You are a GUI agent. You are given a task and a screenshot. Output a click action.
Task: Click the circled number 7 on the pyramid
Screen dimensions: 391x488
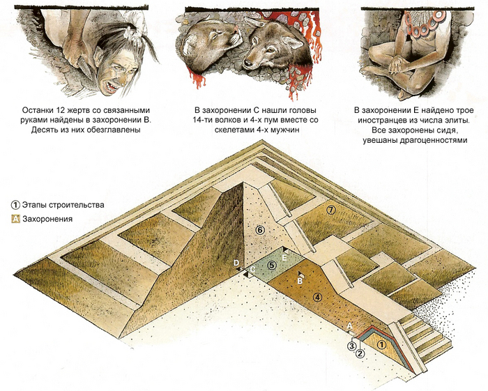(x=331, y=209)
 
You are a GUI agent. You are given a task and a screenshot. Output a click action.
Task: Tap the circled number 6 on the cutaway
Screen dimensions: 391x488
(x=259, y=230)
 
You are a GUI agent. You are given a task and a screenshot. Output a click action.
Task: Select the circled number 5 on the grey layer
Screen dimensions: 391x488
(x=272, y=266)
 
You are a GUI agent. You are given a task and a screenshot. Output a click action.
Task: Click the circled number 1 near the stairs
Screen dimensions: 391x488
(x=381, y=344)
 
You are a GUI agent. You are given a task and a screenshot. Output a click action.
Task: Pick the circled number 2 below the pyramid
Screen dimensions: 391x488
(x=360, y=353)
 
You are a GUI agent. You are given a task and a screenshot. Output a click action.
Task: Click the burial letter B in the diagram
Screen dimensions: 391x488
(x=300, y=281)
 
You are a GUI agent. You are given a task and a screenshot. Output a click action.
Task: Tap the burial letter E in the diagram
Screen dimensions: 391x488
(x=284, y=256)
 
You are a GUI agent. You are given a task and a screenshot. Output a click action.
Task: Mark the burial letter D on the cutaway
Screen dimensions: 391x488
(x=237, y=263)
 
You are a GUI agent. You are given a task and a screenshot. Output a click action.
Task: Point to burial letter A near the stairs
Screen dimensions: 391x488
(x=349, y=325)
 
